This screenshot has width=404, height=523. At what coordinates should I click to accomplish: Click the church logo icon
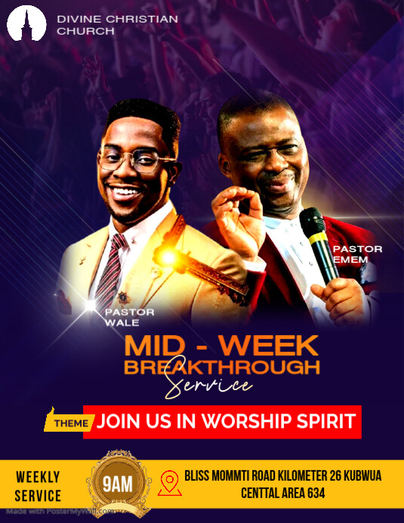coord(27,23)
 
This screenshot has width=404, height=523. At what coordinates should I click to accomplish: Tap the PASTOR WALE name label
coord(130,317)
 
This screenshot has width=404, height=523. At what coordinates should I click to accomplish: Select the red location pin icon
coord(169,482)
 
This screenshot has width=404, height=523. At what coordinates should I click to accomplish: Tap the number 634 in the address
coord(312,494)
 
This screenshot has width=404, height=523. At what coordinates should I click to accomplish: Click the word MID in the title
coord(153,346)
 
